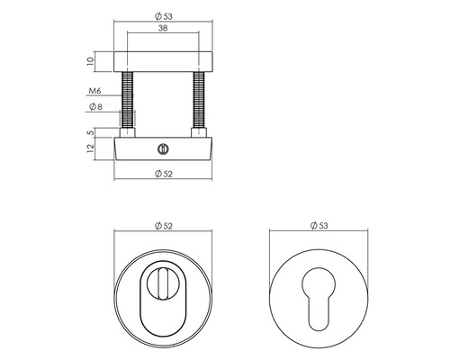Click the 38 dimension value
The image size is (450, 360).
(x=164, y=29)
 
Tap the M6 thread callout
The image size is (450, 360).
(x=94, y=91)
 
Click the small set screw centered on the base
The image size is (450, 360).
(x=163, y=147)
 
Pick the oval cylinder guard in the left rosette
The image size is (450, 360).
(x=163, y=306)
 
